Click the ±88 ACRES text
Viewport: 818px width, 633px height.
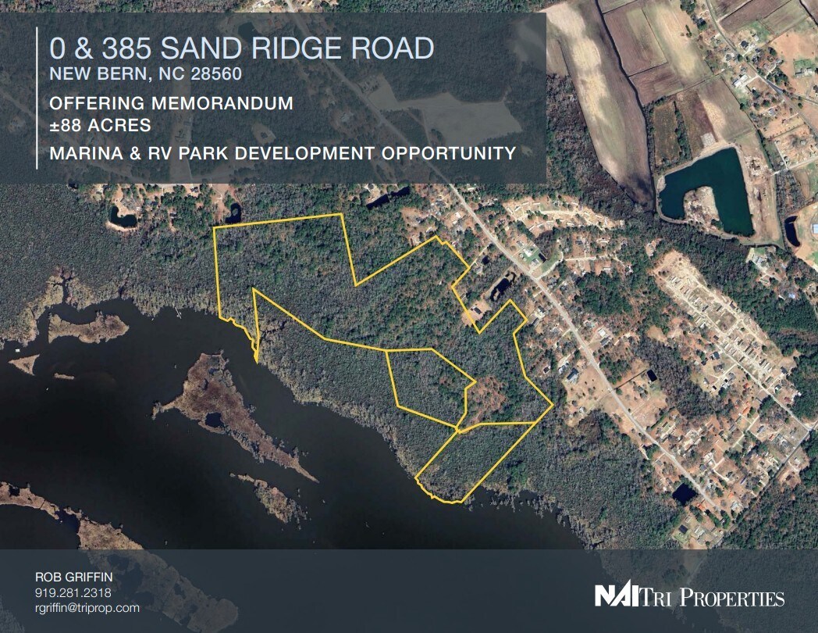click(x=100, y=124)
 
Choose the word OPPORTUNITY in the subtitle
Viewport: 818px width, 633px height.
click(x=449, y=152)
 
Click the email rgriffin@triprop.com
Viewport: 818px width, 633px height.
click(x=87, y=607)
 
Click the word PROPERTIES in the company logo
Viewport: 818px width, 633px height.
click(x=733, y=599)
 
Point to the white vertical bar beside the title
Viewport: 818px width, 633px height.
click(x=37, y=97)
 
